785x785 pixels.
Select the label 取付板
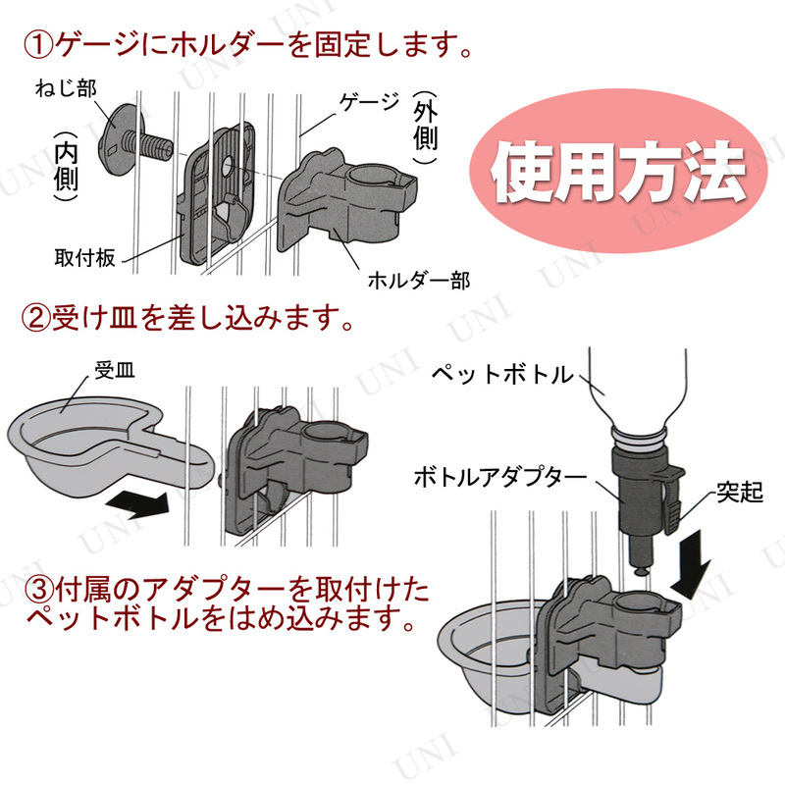(x=85, y=258)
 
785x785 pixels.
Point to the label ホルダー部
(x=419, y=282)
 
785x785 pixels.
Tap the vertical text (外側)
(x=423, y=126)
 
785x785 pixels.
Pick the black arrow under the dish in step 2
(x=137, y=503)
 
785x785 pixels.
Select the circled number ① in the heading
(x=39, y=44)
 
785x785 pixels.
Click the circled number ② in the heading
(x=39, y=319)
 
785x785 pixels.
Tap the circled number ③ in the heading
(x=22, y=593)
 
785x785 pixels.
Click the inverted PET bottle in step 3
(x=638, y=392)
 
